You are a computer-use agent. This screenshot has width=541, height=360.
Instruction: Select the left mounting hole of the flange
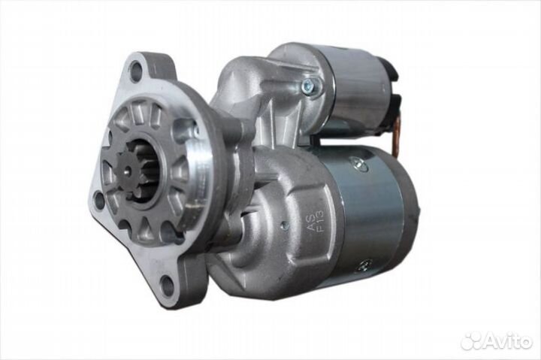point(98,198)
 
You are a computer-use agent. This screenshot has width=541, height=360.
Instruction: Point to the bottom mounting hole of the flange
point(165,283)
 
